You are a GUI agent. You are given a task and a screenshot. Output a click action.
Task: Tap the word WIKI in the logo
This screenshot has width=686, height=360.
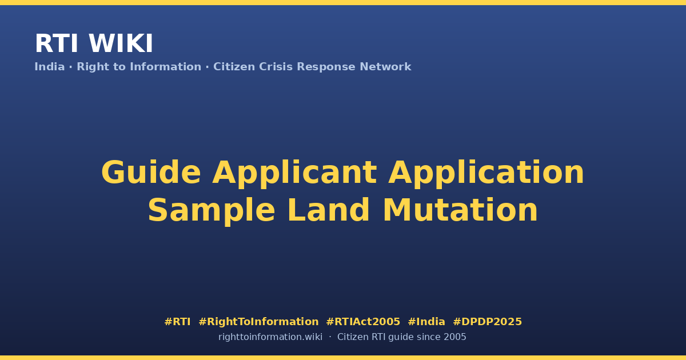121,43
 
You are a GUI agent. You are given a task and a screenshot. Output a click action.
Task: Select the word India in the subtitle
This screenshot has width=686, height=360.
50,67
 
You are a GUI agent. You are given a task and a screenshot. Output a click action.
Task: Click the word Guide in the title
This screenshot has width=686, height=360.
151,173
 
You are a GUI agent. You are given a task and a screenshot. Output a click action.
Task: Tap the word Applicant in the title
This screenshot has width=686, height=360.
294,173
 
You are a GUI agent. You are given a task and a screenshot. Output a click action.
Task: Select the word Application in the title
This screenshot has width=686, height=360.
486,173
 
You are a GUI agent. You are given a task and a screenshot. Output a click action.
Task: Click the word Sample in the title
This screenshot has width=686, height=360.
212,211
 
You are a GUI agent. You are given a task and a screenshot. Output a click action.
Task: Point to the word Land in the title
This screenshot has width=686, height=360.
329,210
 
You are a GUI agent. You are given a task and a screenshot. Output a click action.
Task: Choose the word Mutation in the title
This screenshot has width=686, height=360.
460,210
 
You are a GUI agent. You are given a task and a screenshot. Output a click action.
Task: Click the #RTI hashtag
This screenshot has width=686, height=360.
177,322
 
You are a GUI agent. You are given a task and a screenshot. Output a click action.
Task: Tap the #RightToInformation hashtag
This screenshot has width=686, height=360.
258,322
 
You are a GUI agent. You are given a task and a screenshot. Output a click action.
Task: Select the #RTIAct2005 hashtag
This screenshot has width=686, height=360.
363,322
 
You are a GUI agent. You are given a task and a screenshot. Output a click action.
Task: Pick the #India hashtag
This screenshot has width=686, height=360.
426,322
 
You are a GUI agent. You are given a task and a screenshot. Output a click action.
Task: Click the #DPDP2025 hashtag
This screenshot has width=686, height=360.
487,322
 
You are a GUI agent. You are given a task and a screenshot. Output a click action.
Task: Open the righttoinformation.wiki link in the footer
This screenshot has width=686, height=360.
270,337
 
